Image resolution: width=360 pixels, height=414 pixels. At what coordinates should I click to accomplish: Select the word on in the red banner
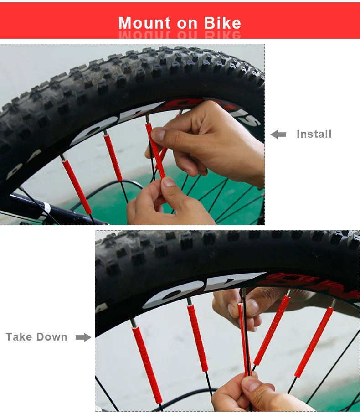(189, 23)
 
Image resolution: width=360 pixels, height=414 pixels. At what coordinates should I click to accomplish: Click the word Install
(314, 134)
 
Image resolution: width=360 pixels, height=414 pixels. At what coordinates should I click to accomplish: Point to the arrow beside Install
(278, 135)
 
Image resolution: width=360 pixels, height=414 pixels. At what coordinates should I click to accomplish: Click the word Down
(52, 337)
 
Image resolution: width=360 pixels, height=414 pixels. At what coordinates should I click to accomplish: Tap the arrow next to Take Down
(83, 337)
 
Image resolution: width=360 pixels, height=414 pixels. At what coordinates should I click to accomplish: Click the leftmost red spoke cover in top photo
(77, 186)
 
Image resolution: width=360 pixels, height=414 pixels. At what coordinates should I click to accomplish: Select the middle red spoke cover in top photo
(113, 157)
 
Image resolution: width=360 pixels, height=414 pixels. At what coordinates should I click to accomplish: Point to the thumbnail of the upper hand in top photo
(158, 134)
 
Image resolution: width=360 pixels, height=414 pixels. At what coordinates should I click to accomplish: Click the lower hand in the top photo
(169, 205)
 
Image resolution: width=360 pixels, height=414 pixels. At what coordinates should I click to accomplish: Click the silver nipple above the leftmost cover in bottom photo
(133, 323)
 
